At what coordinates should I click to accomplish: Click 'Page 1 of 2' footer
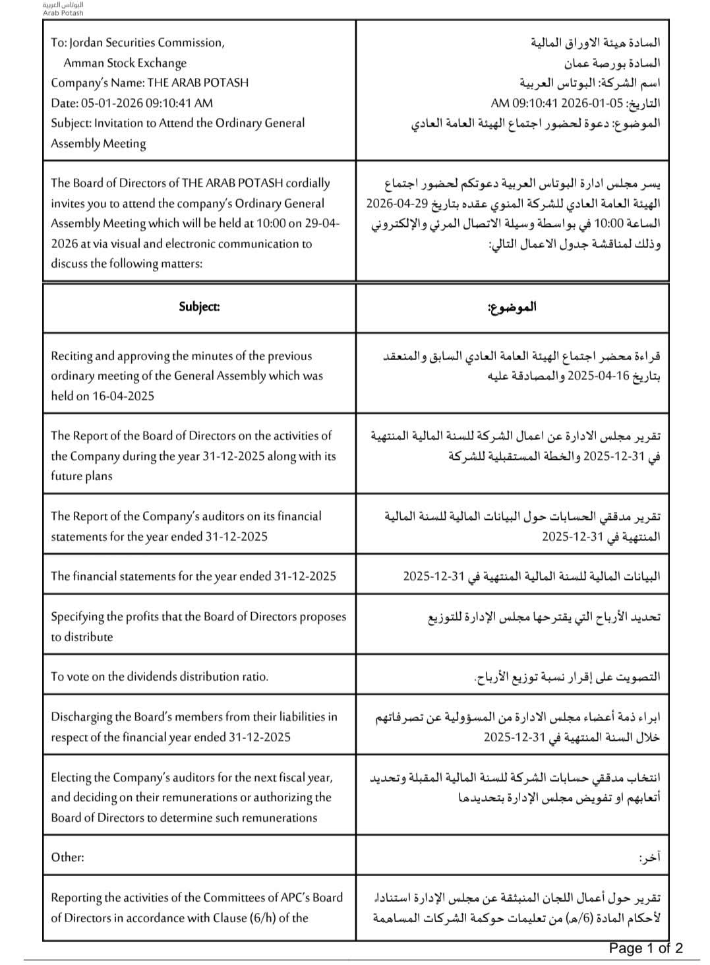645,949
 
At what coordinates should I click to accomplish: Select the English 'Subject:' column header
199,307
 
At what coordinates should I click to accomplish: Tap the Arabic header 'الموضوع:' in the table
512,307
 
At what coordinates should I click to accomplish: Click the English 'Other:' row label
67,857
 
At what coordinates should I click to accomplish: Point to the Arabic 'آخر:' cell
649,858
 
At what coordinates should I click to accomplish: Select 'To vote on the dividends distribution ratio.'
160,676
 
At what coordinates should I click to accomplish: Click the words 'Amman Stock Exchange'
125,63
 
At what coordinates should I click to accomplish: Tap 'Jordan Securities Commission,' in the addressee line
147,42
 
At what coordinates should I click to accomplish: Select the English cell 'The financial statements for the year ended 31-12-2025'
193,576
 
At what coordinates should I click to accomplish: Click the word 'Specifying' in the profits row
78,617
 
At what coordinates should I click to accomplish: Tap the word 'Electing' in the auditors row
71,777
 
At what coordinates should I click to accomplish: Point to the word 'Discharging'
84,716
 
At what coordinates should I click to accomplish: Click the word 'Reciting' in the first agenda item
71,356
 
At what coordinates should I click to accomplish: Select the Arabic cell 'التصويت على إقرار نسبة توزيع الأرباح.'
566,677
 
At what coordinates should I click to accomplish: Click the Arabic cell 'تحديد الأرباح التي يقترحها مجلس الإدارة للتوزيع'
544,617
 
